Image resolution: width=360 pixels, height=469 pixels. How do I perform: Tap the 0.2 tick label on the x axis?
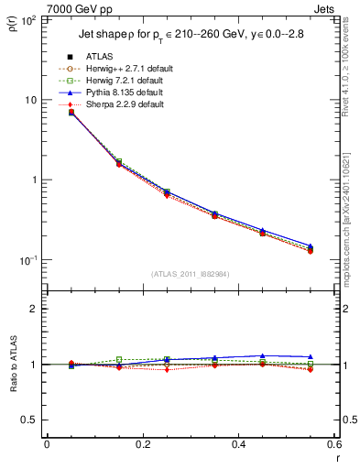pos(142,445)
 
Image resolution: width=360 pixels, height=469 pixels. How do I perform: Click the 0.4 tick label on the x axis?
pos(238,445)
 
